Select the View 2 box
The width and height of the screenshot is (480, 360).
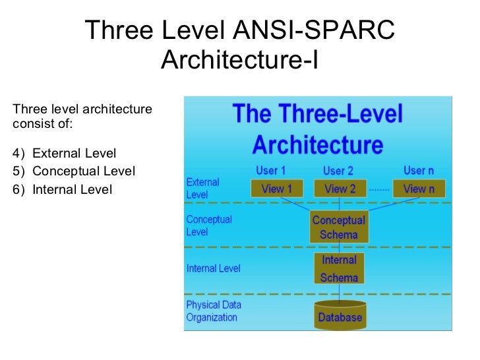tap(340, 189)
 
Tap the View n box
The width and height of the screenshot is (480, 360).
tap(419, 189)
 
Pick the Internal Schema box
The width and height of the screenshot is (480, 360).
tap(339, 269)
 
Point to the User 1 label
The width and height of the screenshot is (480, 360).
tap(271, 170)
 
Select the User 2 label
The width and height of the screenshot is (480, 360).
tap(338, 171)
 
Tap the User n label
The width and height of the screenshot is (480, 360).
tap(419, 170)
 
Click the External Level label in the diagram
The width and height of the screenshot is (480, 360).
tap(202, 189)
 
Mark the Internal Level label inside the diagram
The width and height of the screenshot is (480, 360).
tap(213, 268)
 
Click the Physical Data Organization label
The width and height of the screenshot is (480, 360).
tap(214, 311)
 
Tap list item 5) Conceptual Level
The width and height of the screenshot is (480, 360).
tap(73, 171)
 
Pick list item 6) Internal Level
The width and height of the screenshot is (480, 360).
tap(63, 190)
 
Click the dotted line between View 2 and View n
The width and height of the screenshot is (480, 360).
tap(378, 189)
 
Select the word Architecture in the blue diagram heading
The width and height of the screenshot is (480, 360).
tap(317, 143)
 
